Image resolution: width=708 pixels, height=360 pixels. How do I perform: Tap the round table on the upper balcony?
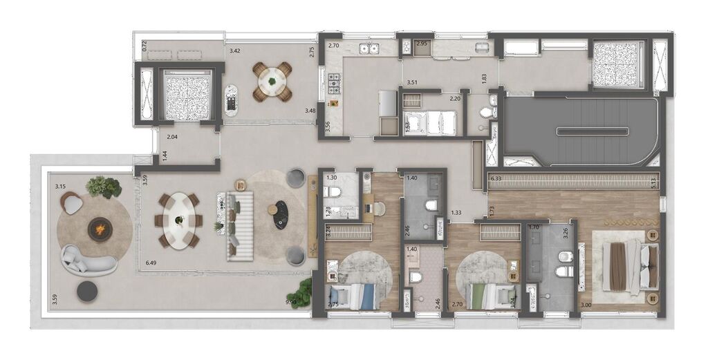272,82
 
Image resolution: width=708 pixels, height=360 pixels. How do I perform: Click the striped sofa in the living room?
240,226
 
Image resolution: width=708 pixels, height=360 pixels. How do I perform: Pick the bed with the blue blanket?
353,296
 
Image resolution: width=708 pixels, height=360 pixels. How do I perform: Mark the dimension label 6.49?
151,263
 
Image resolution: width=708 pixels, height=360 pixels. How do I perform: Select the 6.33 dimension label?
496,178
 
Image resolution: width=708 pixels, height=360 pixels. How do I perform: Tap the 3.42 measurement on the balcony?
235,50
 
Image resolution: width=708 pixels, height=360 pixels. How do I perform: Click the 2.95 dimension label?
422,45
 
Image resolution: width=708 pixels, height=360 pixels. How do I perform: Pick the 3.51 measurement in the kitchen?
412,82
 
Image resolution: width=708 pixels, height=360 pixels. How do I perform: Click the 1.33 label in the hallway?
456,213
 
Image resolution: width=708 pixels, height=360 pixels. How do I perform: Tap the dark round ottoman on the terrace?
86,291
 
